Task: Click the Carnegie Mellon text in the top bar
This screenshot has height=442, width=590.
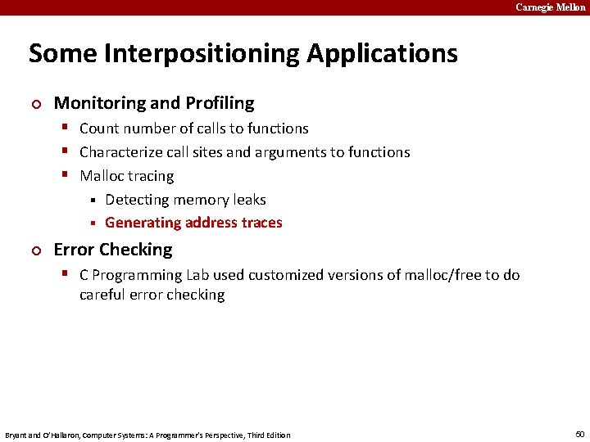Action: (550, 7)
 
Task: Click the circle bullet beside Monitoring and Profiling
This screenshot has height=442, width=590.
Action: (34, 104)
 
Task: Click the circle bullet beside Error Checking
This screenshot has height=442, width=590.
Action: (34, 250)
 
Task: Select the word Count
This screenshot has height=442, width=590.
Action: (99, 129)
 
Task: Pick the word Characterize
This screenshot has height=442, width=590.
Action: (119, 152)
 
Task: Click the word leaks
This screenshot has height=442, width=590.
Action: (249, 200)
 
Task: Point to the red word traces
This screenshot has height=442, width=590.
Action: (261, 223)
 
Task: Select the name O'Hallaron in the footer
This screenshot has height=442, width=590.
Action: (54, 435)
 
